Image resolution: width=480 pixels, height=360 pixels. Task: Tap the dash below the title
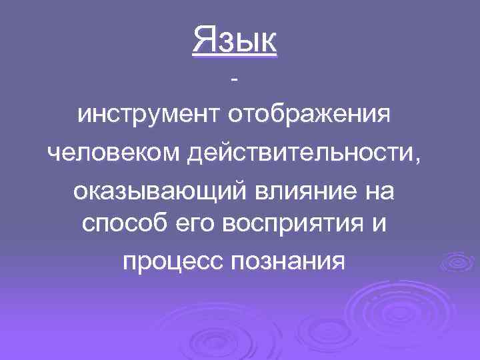(233, 81)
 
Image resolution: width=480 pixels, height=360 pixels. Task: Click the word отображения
(307, 117)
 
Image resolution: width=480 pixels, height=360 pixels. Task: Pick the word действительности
(300, 155)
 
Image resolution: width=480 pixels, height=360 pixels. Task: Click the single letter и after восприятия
(378, 225)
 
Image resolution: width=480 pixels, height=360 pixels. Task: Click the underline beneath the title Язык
(234, 57)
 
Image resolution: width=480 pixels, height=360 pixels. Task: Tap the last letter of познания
(337, 261)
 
